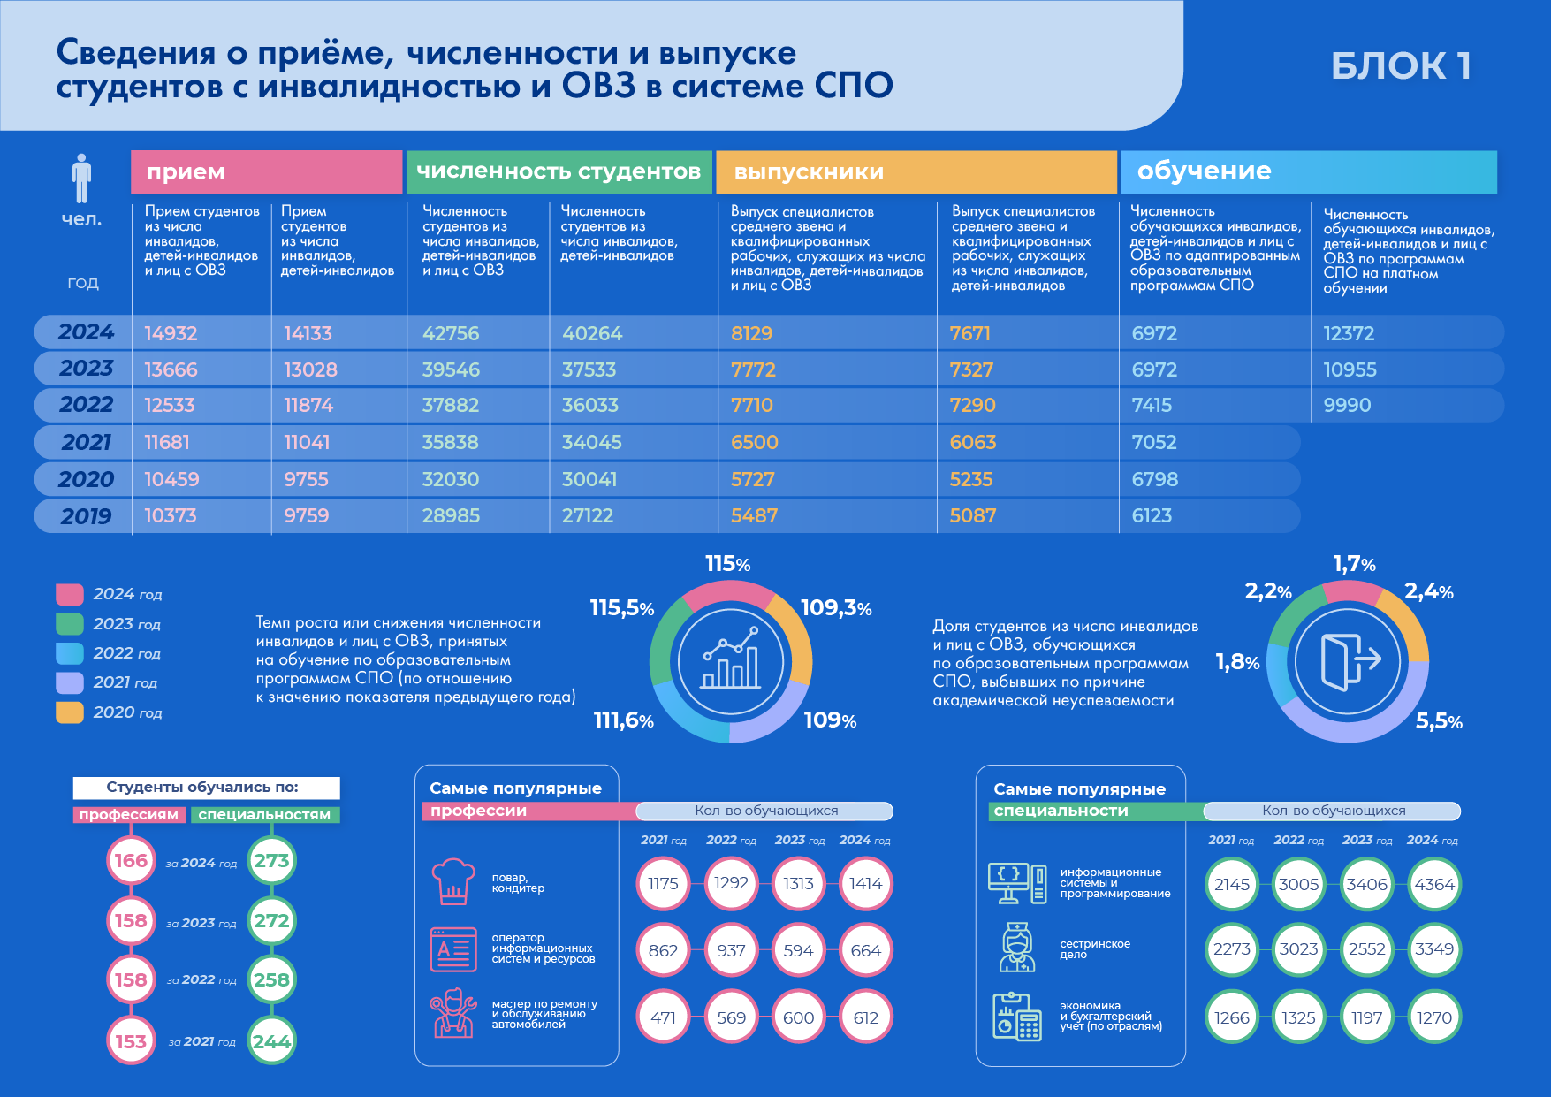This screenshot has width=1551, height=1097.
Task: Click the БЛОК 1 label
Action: click(x=1401, y=66)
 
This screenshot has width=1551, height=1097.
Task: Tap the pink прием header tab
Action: click(x=266, y=172)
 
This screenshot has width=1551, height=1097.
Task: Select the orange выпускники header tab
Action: click(x=916, y=172)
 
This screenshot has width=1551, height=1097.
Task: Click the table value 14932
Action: click(x=171, y=333)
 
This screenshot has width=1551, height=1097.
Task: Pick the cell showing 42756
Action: click(x=451, y=333)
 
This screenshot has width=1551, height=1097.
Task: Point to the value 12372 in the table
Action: click(x=1349, y=333)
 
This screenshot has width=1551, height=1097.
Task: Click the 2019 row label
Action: click(x=86, y=516)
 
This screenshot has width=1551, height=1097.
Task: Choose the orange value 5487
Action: click(x=754, y=515)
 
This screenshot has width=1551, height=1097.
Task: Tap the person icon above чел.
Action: click(x=82, y=179)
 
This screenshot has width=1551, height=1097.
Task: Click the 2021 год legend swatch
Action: click(x=69, y=682)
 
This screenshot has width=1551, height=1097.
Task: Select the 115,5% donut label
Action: click(x=621, y=608)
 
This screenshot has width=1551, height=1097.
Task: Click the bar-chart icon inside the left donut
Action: click(x=731, y=659)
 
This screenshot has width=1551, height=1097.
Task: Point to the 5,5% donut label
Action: click(x=1439, y=721)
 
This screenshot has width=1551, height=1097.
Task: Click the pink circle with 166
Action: click(x=131, y=860)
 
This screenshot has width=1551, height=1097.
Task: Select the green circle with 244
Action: click(x=271, y=1041)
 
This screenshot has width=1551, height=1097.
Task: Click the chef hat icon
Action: click(x=453, y=881)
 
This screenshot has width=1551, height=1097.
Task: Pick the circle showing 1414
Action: click(x=865, y=883)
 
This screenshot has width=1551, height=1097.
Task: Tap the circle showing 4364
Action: click(x=1433, y=884)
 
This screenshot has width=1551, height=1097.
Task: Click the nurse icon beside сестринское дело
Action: click(x=1017, y=948)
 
